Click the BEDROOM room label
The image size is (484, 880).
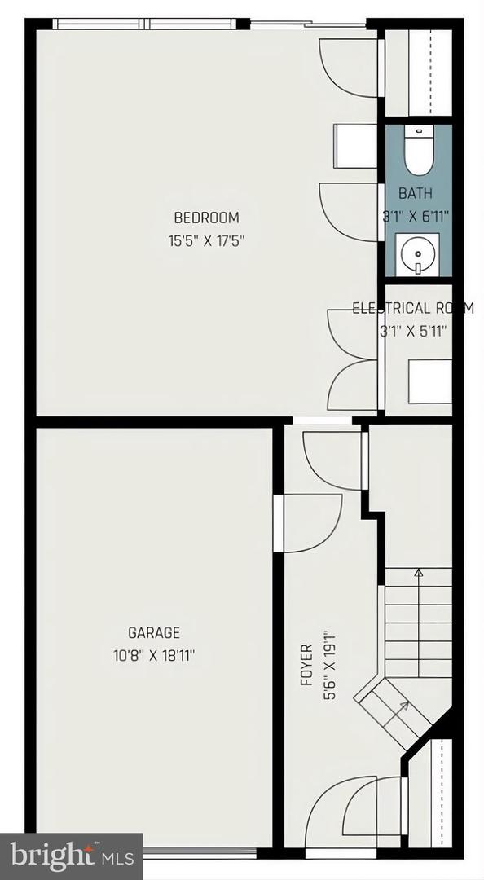point(207,218)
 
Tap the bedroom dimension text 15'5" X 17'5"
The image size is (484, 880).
point(207,241)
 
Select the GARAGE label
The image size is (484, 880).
point(154,632)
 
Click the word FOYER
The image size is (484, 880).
point(306,665)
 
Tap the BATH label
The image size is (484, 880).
point(416,194)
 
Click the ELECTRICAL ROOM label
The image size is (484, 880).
point(412,308)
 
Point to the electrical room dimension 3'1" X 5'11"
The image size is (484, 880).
point(412,331)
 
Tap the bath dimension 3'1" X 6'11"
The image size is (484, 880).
point(415,217)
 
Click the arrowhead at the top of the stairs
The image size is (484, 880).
point(418,573)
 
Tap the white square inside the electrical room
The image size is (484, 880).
point(430,381)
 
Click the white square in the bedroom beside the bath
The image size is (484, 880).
point(355,146)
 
